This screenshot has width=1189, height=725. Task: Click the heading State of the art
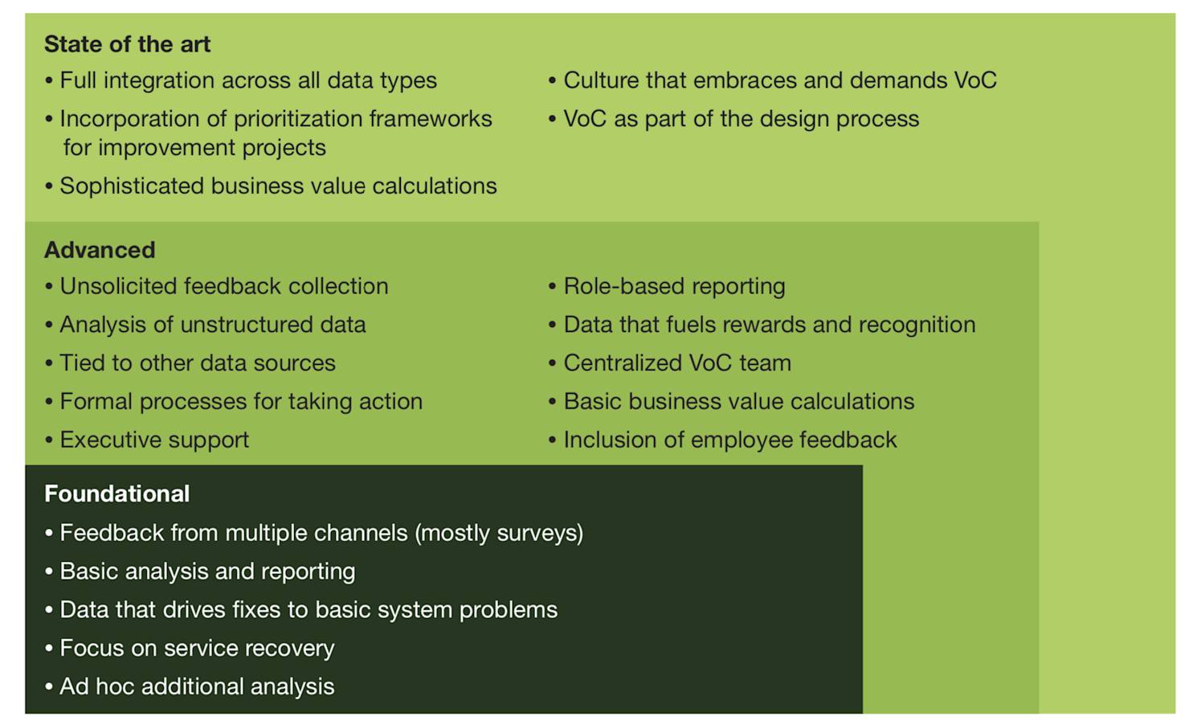click(x=127, y=44)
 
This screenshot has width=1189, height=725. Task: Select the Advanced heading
click(x=100, y=250)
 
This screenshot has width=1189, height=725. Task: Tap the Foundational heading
click(x=116, y=494)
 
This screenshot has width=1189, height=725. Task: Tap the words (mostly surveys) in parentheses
click(x=499, y=533)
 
